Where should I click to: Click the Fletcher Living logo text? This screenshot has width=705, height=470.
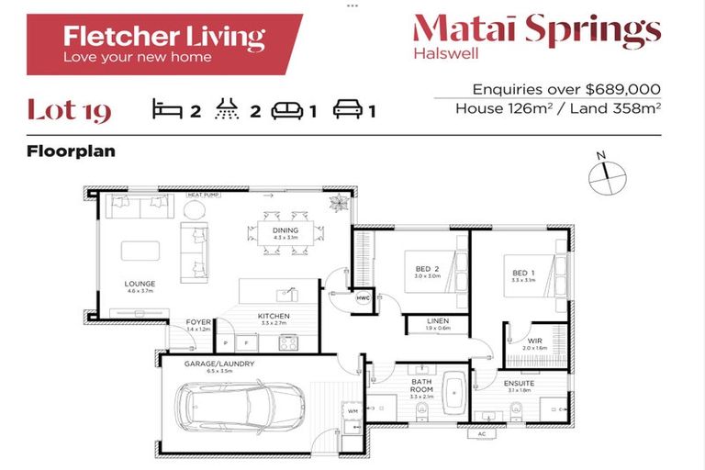click(163, 37)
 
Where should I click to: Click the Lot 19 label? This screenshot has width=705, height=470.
click(69, 111)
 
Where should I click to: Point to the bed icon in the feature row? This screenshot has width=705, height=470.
click(168, 111)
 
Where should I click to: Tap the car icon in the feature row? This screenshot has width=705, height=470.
click(349, 111)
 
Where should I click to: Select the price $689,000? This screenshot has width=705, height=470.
click(625, 89)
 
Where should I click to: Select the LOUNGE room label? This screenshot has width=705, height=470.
click(140, 284)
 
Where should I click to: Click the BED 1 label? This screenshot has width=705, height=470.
click(522, 273)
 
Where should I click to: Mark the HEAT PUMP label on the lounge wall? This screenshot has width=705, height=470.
click(201, 196)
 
